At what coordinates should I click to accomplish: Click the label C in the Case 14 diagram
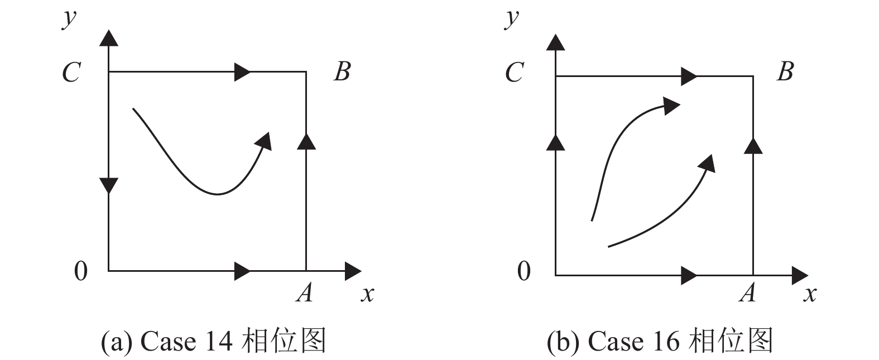point(71,73)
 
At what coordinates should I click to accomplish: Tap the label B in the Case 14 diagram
point(342,72)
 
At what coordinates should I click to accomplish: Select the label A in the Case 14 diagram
point(304,292)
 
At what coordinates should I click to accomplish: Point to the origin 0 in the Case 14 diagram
point(81,271)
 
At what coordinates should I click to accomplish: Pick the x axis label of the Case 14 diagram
point(367,293)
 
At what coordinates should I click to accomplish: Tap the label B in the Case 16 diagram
point(785,72)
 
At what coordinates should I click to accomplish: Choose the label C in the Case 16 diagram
point(514,73)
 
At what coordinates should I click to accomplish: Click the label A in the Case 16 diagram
point(748,292)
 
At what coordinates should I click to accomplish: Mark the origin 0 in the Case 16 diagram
point(523,271)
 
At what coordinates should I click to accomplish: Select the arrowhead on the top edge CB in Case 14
point(242,72)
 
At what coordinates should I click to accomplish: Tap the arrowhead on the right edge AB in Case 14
point(306,142)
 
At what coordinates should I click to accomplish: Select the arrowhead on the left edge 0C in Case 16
point(555,142)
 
